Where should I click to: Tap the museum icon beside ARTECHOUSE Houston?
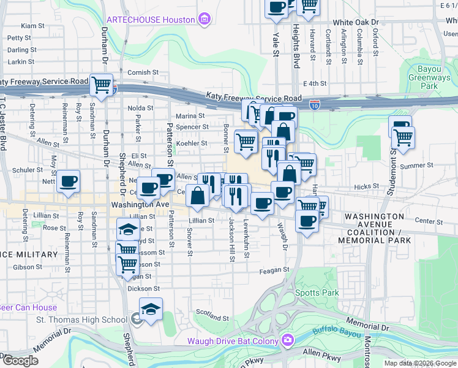[205, 20]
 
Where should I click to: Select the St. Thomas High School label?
[81, 320]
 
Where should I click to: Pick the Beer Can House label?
[28, 308]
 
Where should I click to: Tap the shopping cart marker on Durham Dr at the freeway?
[101, 85]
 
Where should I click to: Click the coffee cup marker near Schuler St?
[68, 181]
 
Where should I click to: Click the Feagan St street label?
[274, 270]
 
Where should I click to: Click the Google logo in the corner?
[20, 361]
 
